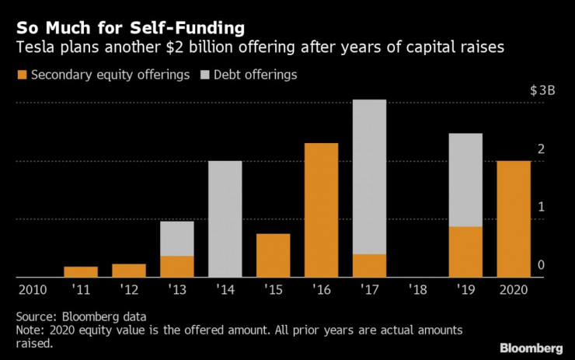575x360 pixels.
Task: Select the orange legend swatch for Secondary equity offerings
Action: (21, 75)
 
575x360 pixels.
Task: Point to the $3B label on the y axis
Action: (542, 90)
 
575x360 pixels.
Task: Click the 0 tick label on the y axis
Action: (541, 265)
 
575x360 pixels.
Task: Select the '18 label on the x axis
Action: (417, 289)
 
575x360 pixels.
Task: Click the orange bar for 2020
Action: (514, 218)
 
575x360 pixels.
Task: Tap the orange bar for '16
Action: (321, 210)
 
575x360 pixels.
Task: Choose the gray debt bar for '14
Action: (225, 218)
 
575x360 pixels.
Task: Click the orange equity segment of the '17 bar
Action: (369, 265)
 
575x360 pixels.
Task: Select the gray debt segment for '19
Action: (465, 180)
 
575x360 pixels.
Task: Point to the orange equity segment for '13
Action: (176, 266)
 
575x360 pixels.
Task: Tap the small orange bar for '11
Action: (80, 271)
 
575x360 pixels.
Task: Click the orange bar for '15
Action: (273, 255)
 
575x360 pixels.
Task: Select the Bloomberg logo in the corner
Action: (532, 345)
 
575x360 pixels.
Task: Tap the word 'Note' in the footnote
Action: (29, 330)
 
